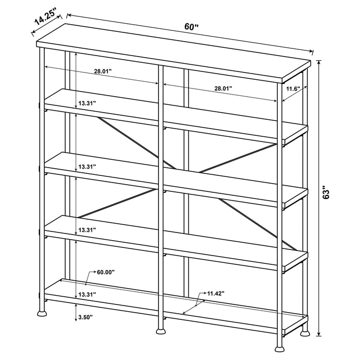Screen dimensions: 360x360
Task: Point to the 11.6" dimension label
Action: pyautogui.click(x=293, y=88)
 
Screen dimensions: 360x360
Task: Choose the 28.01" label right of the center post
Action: pyautogui.click(x=223, y=88)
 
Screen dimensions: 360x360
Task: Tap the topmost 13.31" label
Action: pyautogui.click(x=87, y=103)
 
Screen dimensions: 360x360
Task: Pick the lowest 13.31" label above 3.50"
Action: pyautogui.click(x=87, y=295)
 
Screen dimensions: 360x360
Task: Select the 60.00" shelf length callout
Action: pyautogui.click(x=106, y=272)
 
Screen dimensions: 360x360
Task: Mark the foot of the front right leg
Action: pyautogui.click(x=305, y=332)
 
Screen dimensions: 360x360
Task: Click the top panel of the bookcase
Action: pyautogui.click(x=175, y=52)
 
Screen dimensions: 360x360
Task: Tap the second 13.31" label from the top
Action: pyautogui.click(x=87, y=167)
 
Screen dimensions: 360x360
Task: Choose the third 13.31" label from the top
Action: pyautogui.click(x=87, y=230)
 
